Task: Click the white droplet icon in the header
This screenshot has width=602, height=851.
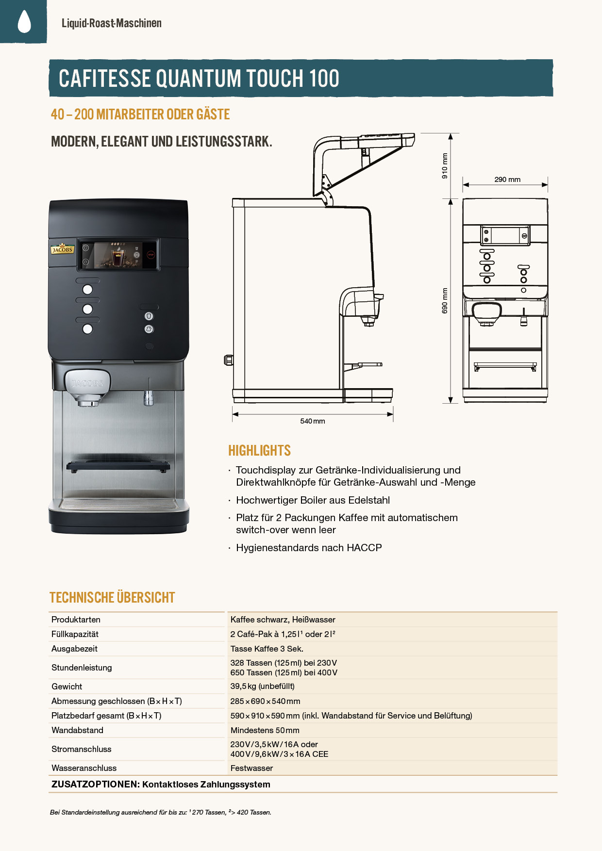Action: [24, 21]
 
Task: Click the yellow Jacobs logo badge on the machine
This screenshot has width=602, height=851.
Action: [62, 249]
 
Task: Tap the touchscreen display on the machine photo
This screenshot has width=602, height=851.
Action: [118, 255]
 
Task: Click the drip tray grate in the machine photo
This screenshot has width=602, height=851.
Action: [118, 466]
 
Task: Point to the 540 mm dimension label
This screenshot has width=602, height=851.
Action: [313, 421]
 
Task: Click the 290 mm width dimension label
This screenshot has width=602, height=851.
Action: [507, 180]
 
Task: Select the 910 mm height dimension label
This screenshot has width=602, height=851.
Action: [445, 166]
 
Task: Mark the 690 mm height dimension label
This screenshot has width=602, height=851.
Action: [445, 301]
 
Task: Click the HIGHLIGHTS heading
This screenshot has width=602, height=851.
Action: [260, 451]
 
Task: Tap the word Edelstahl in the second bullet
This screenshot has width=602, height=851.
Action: [368, 500]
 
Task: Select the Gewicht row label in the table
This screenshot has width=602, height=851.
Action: [67, 687]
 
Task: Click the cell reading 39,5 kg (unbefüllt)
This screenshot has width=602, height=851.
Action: [263, 686]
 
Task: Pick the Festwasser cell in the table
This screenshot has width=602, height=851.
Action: [252, 768]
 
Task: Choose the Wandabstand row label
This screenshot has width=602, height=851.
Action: [78, 730]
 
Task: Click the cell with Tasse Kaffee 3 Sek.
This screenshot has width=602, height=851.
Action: [267, 649]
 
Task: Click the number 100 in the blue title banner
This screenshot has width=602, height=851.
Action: [324, 79]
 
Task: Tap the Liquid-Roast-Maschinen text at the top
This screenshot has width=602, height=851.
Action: [112, 23]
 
